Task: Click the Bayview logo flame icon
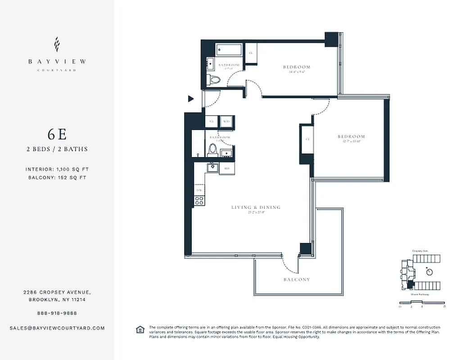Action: point(57,45)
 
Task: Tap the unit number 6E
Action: point(57,135)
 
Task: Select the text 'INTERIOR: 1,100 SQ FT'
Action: point(57,170)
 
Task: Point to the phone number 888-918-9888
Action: point(57,313)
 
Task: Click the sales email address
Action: point(57,328)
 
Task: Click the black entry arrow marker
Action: point(191,99)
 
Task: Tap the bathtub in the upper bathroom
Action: point(229,49)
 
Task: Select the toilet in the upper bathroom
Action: point(215,80)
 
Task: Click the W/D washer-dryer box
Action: point(226,121)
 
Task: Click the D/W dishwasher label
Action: point(199,190)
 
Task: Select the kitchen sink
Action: point(212,168)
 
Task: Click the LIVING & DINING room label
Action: point(256,207)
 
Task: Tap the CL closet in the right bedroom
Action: point(308,139)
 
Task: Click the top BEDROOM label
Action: point(297,67)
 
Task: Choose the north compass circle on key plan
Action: point(430,272)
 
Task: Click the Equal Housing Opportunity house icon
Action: point(140,330)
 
